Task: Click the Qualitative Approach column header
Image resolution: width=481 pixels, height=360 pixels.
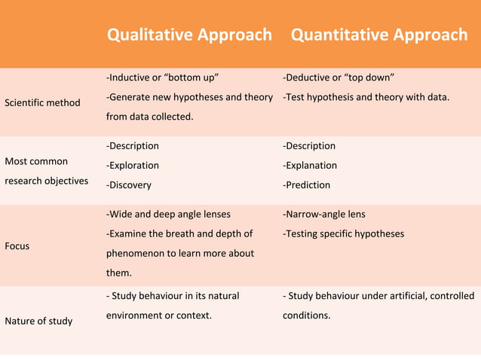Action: tap(189, 35)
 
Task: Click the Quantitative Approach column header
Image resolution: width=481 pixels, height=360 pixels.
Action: tap(378, 35)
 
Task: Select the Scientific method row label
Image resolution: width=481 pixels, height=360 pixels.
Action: tap(42, 102)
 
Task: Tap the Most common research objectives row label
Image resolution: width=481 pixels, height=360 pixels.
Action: tap(46, 171)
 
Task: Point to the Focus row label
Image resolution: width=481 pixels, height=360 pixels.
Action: tap(17, 246)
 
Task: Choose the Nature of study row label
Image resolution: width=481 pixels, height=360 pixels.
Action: tap(38, 321)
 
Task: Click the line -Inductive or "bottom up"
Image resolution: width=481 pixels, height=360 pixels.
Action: tap(163, 78)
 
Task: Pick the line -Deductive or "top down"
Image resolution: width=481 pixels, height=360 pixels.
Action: tap(339, 78)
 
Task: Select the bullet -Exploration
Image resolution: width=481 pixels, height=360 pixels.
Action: tap(133, 165)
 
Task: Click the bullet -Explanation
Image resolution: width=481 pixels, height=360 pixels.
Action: tap(310, 165)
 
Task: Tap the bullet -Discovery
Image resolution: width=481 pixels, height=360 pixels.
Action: tap(129, 185)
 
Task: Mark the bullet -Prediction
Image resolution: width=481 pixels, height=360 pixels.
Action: tap(306, 185)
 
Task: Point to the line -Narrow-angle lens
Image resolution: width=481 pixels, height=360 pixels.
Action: tap(324, 214)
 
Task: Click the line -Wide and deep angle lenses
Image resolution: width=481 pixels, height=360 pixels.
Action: tap(168, 214)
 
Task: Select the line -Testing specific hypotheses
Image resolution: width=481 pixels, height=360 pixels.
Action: tap(343, 233)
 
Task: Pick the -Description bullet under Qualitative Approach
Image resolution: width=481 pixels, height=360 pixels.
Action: tap(133, 145)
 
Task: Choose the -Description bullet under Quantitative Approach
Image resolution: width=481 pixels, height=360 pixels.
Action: tap(309, 145)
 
